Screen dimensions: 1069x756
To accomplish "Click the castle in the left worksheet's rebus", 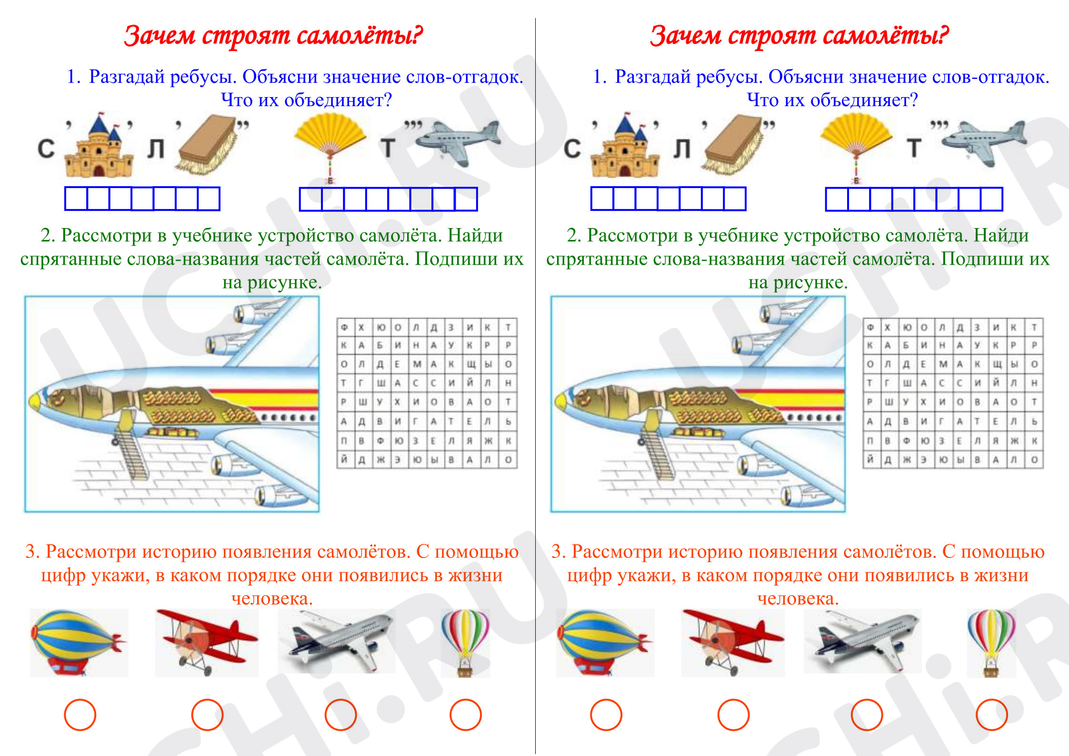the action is coord(99,146).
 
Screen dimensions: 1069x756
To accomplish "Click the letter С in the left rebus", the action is coord(46,149).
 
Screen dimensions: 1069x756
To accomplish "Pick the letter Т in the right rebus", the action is coord(914,148).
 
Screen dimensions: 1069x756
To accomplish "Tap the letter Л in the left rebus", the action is coord(156,149).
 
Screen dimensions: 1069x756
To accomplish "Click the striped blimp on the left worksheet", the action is coord(79,642).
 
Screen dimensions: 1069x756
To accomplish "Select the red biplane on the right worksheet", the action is coord(733,641).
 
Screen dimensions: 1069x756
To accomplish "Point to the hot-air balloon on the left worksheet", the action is coord(465,642).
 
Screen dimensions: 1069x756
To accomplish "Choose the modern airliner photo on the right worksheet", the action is coord(862,641).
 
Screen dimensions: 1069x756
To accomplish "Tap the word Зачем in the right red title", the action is coord(686,35).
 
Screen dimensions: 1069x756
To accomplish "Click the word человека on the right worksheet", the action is coord(798,598).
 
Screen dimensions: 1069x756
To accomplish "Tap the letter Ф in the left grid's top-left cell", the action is coord(344,327).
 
